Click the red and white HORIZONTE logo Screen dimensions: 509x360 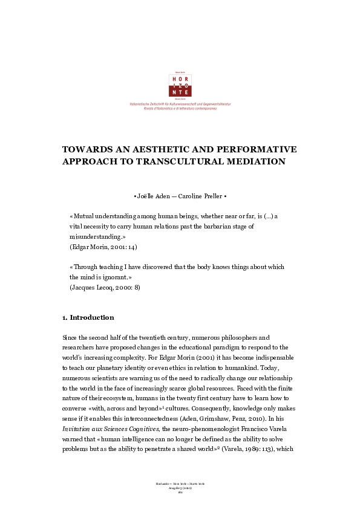[x=180, y=85]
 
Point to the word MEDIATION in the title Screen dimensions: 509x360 [x=257, y=161]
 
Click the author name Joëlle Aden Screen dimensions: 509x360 [x=152, y=197]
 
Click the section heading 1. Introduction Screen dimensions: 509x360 [x=88, y=317]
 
